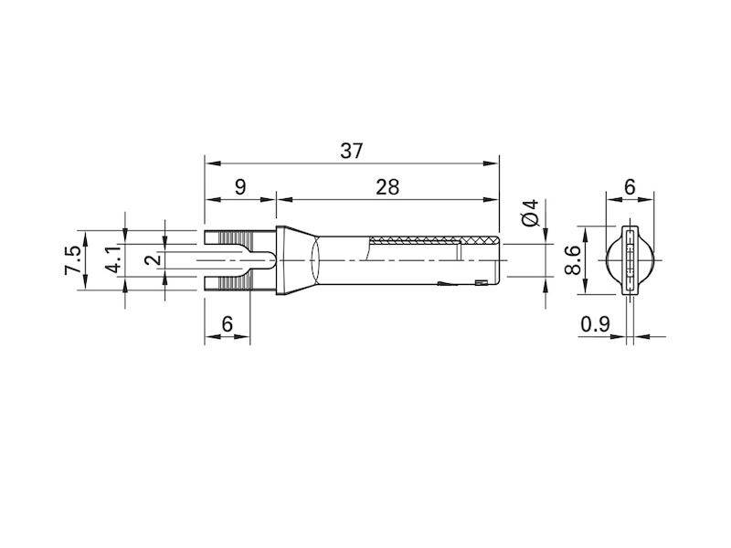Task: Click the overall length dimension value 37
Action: pos(352,152)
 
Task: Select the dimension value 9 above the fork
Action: pos(239,187)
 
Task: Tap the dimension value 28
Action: pos(387,187)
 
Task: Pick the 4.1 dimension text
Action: pos(112,260)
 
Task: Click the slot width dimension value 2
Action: pos(153,260)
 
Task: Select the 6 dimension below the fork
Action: pos(228,323)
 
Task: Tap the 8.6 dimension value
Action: pos(573,260)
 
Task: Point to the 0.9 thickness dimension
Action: pos(595,323)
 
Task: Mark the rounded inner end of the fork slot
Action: pos(267,260)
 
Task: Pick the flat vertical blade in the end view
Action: pos(629,260)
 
